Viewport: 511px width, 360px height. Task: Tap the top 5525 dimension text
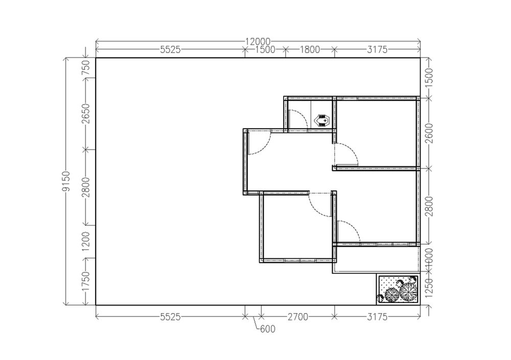(x=170, y=50)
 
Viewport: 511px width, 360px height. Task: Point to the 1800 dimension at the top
(x=309, y=50)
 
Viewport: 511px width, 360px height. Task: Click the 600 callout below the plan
(x=267, y=329)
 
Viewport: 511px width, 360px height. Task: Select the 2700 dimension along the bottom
(x=298, y=317)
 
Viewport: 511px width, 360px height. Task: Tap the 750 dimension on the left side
(x=86, y=67)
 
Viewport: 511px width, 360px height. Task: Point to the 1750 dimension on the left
(x=86, y=281)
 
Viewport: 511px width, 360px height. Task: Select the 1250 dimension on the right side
(x=429, y=289)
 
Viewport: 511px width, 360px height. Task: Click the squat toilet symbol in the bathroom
(x=323, y=121)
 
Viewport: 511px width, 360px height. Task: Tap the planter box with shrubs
(x=398, y=289)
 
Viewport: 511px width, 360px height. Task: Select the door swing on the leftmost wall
(x=262, y=144)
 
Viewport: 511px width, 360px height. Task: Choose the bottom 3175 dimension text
(x=377, y=317)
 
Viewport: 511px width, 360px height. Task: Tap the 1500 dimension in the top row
(x=265, y=50)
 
